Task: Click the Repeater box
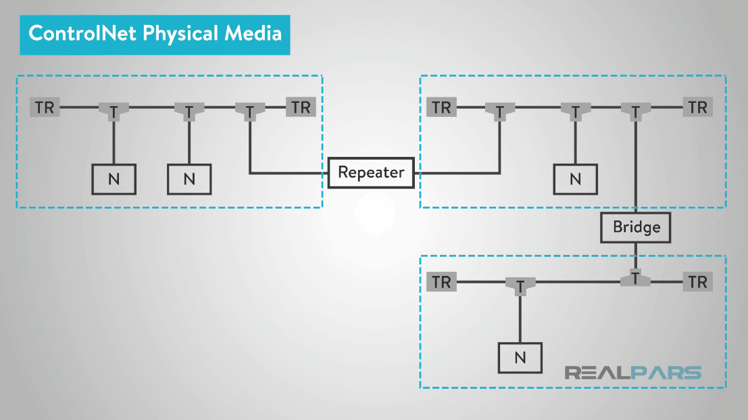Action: click(x=371, y=172)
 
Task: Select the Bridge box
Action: click(x=636, y=227)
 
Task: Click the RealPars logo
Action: click(x=632, y=373)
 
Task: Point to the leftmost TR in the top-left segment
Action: click(x=45, y=107)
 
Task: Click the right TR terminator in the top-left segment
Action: click(x=301, y=107)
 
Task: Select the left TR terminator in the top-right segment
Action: click(x=441, y=107)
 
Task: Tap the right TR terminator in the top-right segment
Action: click(x=697, y=107)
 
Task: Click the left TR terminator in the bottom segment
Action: click(x=441, y=282)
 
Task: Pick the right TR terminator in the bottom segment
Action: click(x=697, y=282)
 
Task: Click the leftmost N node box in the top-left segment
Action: click(x=114, y=179)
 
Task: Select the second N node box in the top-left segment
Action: click(x=189, y=179)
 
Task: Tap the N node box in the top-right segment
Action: click(x=575, y=179)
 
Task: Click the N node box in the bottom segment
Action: click(x=520, y=358)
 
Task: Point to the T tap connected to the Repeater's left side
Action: click(x=250, y=110)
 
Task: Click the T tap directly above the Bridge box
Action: click(x=635, y=110)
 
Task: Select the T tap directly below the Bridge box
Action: click(x=635, y=279)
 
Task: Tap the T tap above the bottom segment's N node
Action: click(x=520, y=286)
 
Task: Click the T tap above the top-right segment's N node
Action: click(x=575, y=110)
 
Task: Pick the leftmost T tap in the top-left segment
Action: click(x=114, y=110)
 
